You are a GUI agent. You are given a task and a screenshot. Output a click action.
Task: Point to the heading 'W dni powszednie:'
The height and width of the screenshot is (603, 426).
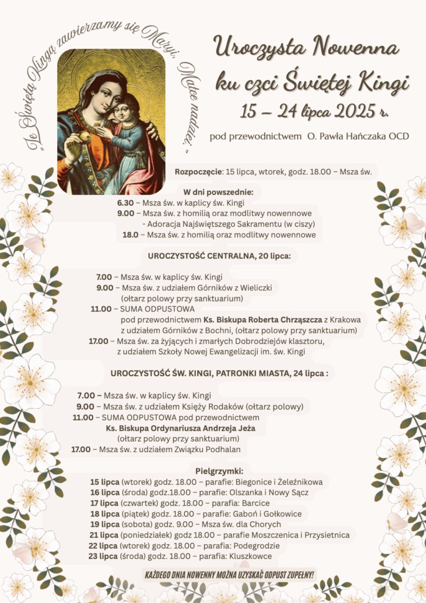click(218, 192)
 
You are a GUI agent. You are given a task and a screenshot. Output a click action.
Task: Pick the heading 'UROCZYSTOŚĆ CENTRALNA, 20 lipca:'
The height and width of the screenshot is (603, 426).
click(219, 256)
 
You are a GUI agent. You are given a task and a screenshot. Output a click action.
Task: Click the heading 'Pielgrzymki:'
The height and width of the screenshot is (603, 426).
click(218, 471)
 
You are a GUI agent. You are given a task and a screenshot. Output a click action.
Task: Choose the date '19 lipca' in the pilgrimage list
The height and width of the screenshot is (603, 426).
click(104, 524)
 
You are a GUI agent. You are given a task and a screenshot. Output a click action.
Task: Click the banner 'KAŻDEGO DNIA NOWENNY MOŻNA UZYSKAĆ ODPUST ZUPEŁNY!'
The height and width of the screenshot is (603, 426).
click(229, 574)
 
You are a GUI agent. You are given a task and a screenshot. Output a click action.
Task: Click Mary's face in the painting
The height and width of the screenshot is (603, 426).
click(102, 94)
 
